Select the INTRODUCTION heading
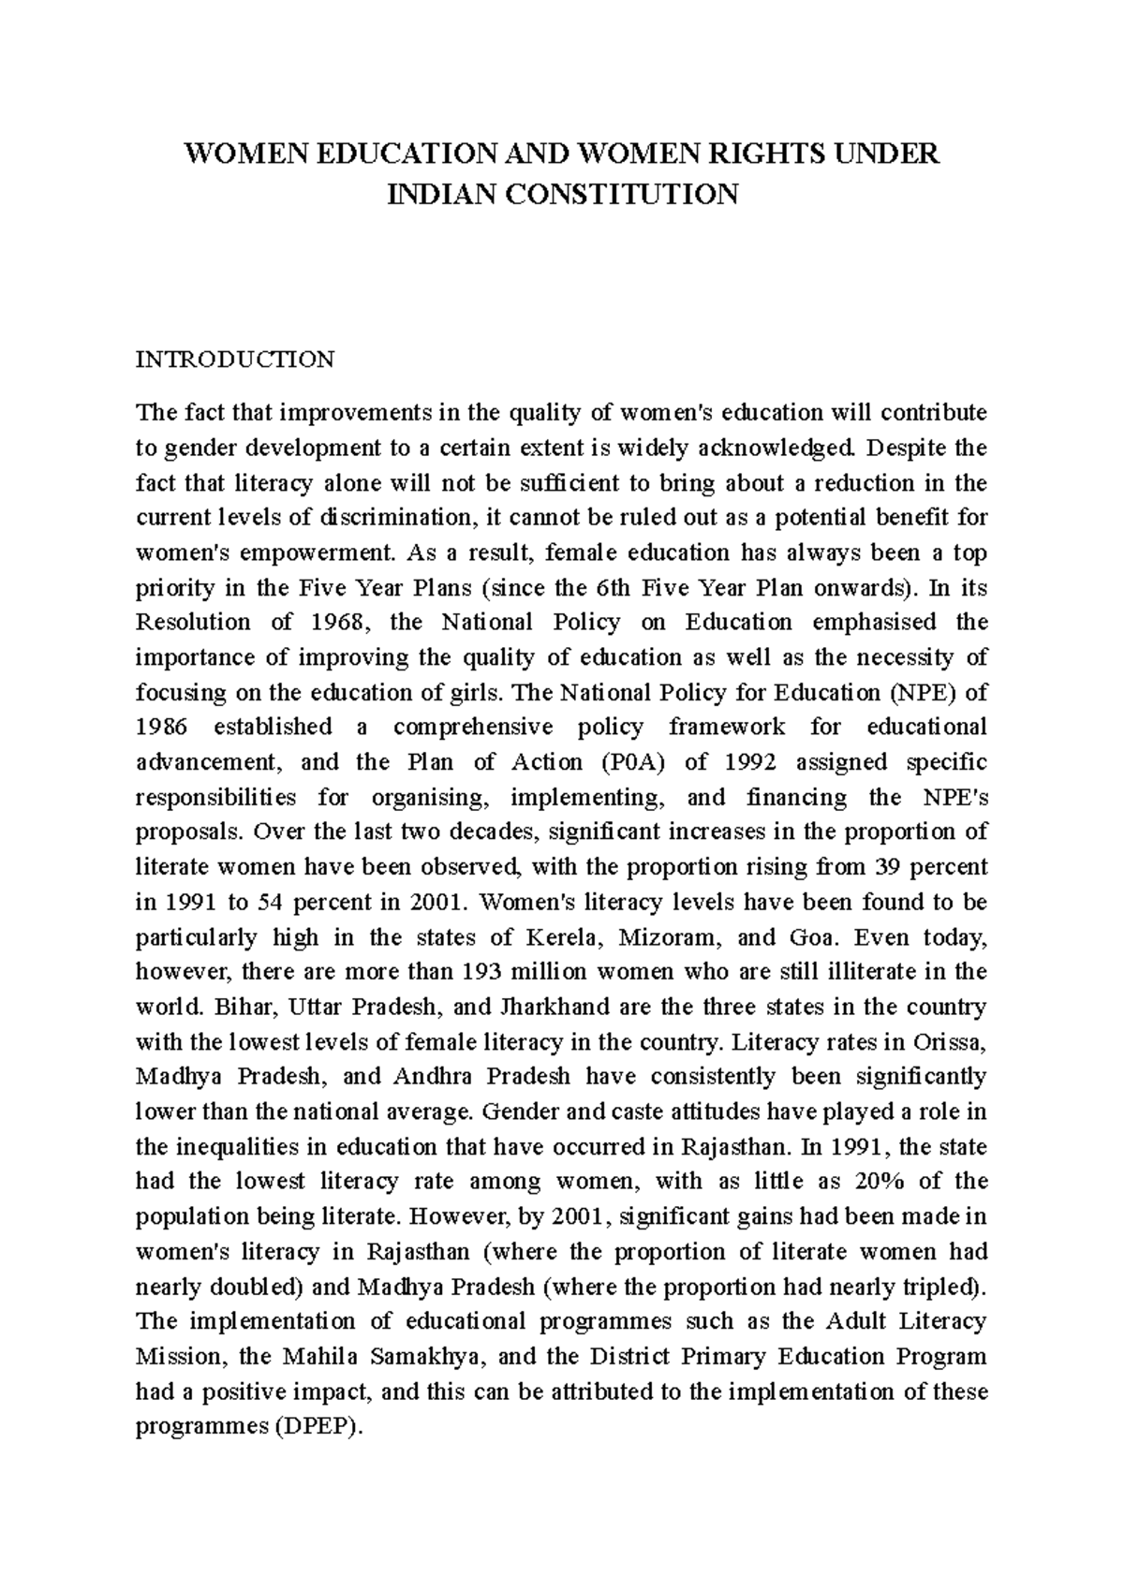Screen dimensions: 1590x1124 pyautogui.click(x=235, y=360)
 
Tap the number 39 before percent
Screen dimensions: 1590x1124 pyautogui.click(x=898, y=867)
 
